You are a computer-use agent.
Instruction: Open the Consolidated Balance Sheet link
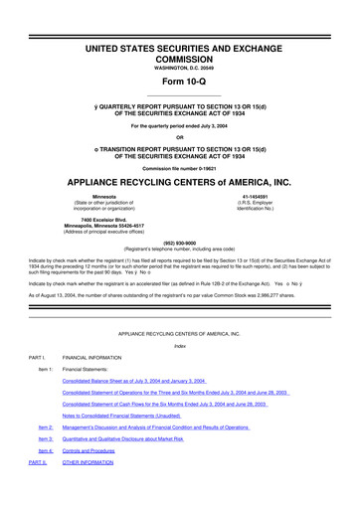click(x=133, y=381)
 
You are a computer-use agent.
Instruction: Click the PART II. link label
click(x=38, y=462)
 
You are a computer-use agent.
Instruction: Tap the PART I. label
click(x=37, y=358)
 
